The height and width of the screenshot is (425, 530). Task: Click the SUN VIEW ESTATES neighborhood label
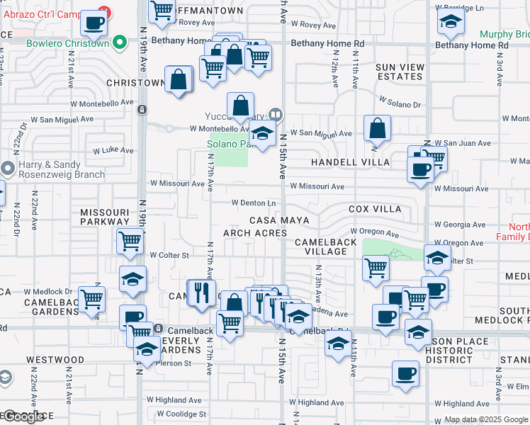[x=400, y=72]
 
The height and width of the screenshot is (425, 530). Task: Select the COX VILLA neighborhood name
[x=375, y=209]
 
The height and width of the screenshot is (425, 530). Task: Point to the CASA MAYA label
[x=278, y=220]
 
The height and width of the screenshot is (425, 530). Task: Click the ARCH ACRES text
[x=255, y=232]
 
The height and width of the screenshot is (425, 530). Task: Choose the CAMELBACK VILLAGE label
[x=321, y=246]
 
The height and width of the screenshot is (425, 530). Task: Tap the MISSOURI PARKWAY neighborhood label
[x=104, y=217]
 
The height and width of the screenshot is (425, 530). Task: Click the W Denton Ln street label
[x=253, y=203]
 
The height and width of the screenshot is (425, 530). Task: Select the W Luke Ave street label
[x=113, y=150]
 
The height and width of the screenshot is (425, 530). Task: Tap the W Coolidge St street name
[x=181, y=414]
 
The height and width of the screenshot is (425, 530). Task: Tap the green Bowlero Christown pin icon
[x=120, y=42]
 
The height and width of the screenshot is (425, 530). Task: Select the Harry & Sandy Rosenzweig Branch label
[x=62, y=169]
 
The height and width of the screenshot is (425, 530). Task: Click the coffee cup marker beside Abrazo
[x=93, y=23]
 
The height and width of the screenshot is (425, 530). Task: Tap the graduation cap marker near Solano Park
[x=262, y=133]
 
